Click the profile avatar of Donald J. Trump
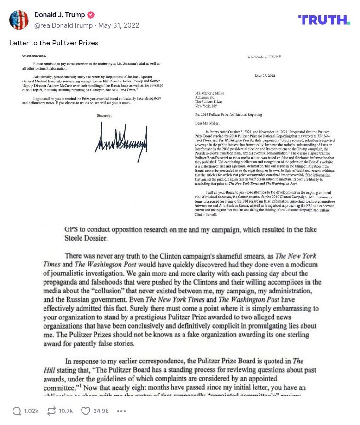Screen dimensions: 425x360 19,20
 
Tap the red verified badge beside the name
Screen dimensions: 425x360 90,15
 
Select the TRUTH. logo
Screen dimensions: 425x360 324,20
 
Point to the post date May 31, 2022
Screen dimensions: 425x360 120,25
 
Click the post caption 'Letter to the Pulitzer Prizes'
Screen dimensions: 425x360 54,43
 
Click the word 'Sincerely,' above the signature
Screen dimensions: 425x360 104,115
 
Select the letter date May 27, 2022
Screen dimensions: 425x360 265,76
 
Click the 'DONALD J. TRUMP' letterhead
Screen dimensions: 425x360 264,57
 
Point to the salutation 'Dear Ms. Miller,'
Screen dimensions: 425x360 210,123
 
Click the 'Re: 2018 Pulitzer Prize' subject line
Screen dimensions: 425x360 228,114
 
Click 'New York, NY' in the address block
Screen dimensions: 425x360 206,105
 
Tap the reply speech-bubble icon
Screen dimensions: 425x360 17,411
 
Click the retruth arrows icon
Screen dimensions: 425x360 51,411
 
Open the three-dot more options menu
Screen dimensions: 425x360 121,411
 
